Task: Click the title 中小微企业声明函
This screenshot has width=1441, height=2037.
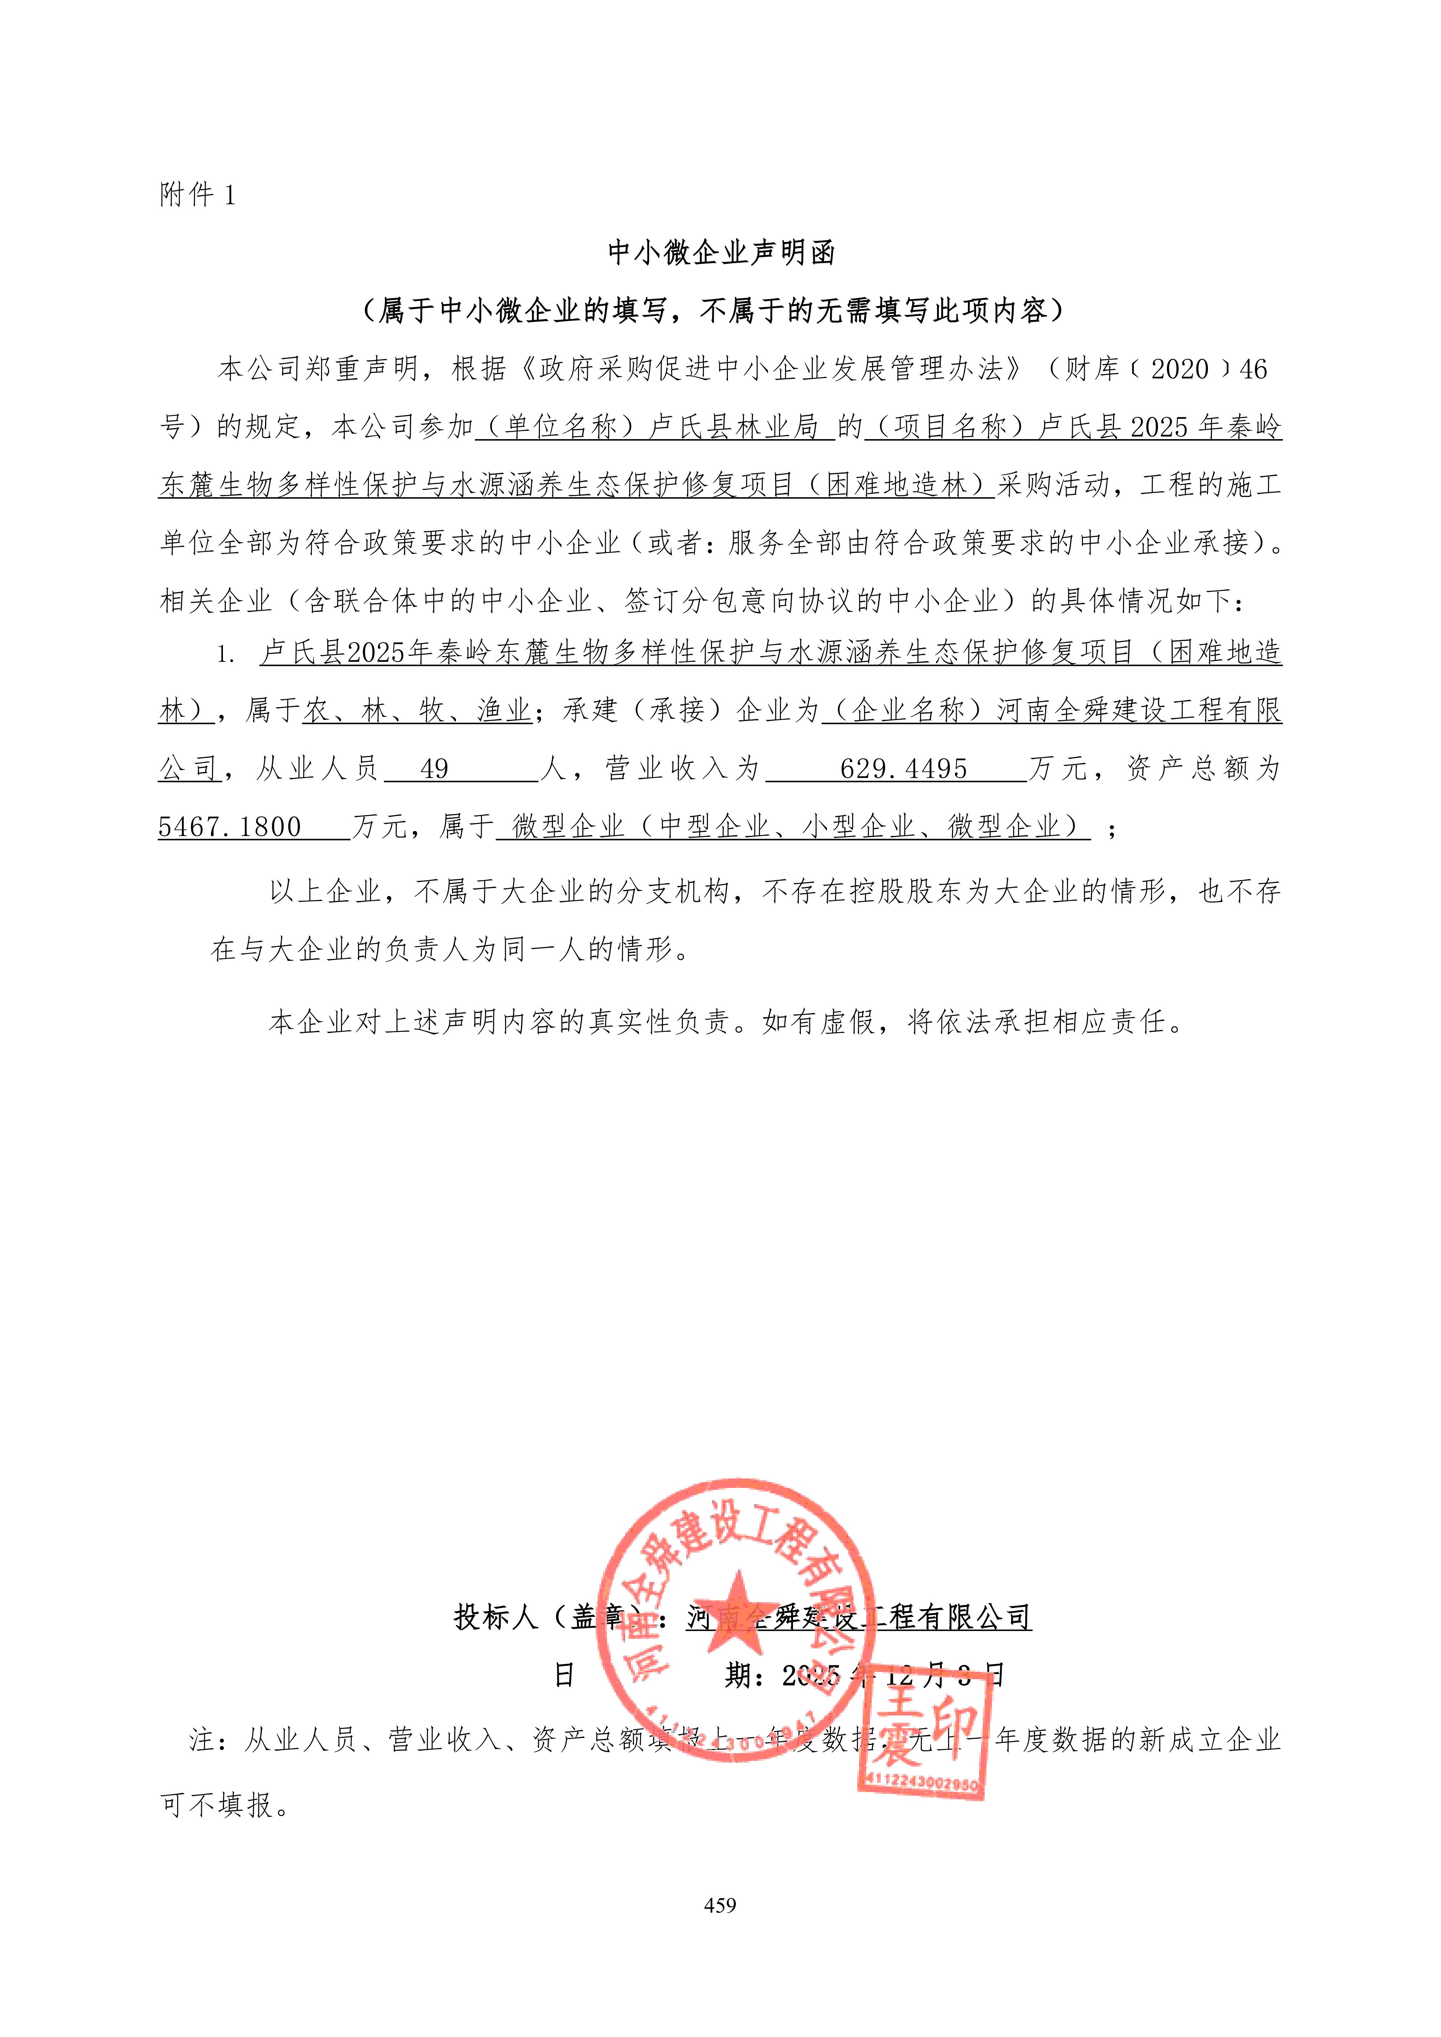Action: click(720, 253)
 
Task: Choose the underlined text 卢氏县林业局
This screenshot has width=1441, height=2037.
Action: click(734, 427)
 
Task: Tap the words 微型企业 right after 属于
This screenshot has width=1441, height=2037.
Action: click(568, 827)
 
